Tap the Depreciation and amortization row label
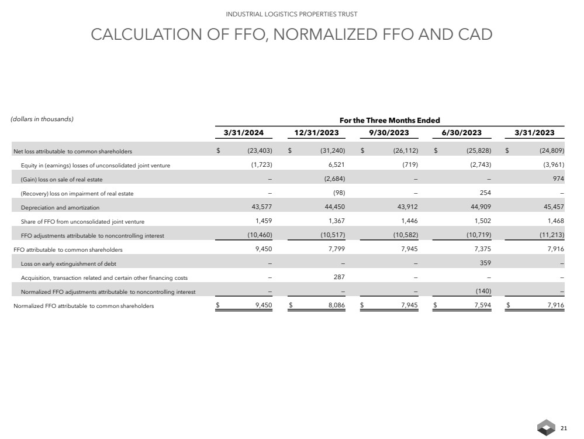coord(60,207)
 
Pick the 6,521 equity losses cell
coord(337,166)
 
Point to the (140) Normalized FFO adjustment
coord(482,291)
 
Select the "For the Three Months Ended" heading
coord(389,120)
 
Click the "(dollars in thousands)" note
coord(42,119)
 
